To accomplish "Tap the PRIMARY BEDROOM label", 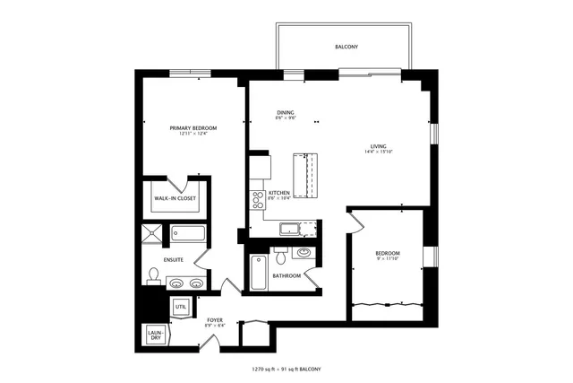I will pyautogui.click(x=193, y=128).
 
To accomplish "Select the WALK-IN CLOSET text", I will pyautogui.click(x=175, y=198).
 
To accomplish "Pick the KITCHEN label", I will pyautogui.click(x=278, y=193).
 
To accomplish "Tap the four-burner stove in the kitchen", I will pyautogui.click(x=256, y=200).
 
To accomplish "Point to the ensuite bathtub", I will pyautogui.click(x=189, y=236).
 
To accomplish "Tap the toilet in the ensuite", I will pyautogui.click(x=153, y=275).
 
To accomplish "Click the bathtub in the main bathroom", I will pyautogui.click(x=259, y=272).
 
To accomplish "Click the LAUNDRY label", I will pyautogui.click(x=154, y=335).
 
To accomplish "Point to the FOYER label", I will pyautogui.click(x=215, y=319).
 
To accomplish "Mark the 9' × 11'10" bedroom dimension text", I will pyautogui.click(x=387, y=259).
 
